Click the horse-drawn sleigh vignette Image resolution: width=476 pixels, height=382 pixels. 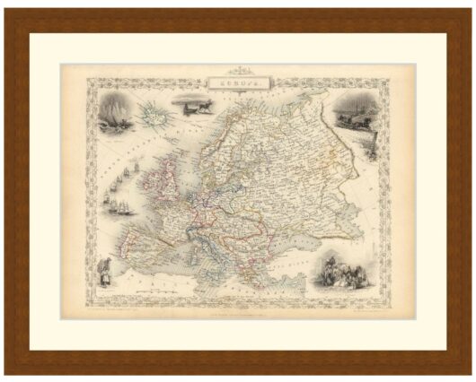(351, 115)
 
